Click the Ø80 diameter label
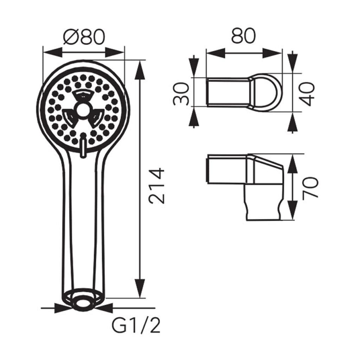[84, 37]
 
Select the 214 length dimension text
[157, 186]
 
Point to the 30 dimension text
[181, 94]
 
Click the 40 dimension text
[307, 94]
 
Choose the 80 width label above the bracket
[243, 36]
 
